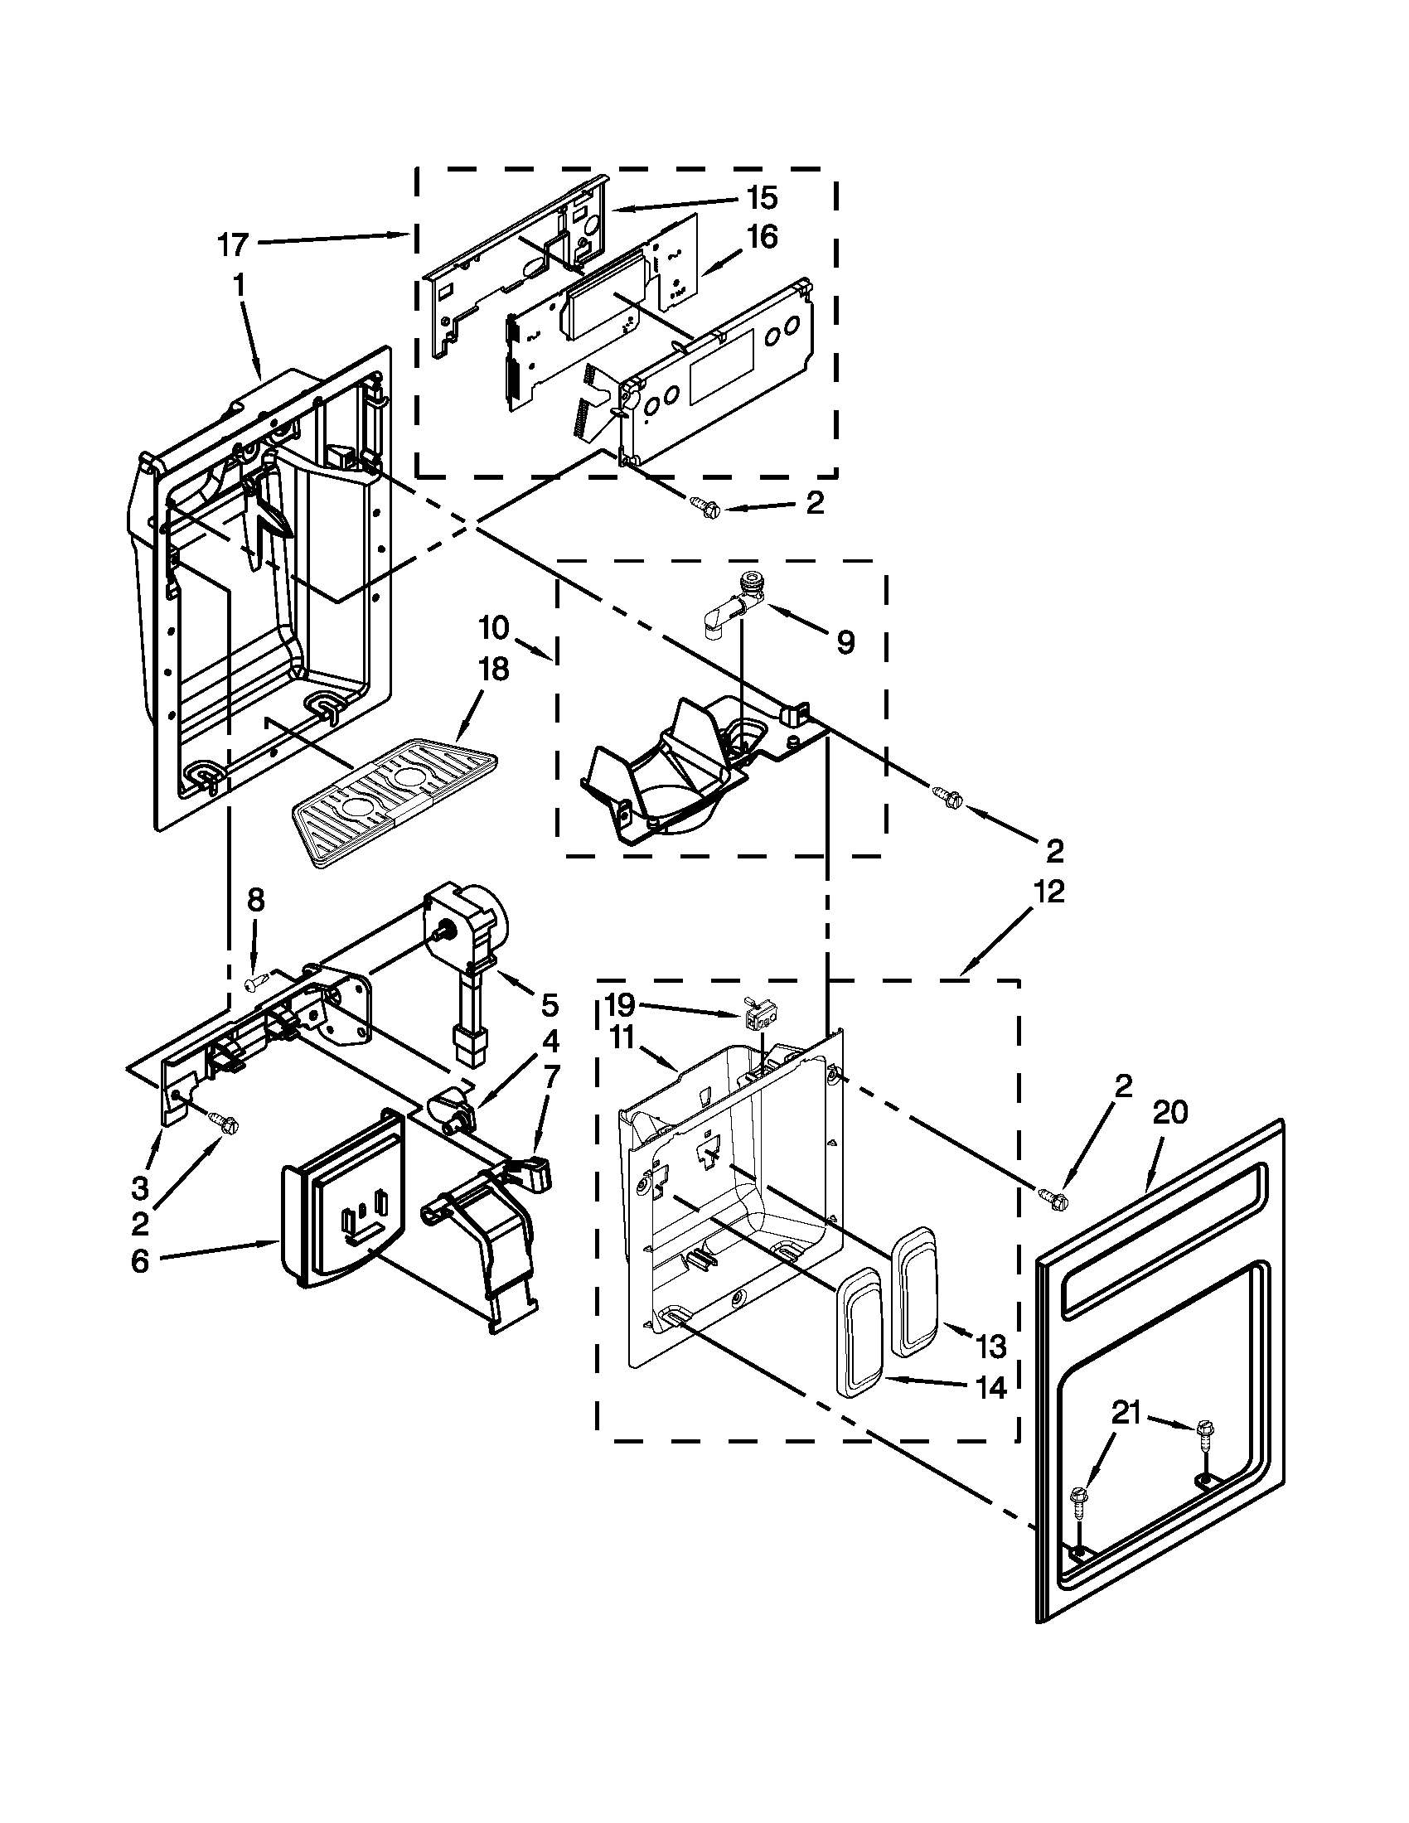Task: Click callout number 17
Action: click(x=233, y=244)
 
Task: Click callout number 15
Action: click(x=761, y=199)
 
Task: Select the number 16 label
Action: click(x=761, y=238)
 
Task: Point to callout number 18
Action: click(x=493, y=670)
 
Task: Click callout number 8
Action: click(x=256, y=899)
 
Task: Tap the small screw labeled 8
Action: click(x=257, y=985)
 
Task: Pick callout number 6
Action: click(x=139, y=1262)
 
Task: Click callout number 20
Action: click(x=1170, y=1113)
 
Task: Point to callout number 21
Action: click(x=1127, y=1412)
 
